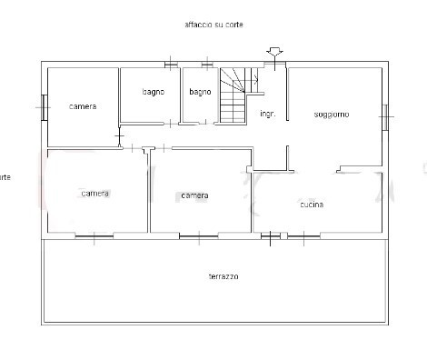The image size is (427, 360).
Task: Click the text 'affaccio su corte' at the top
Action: pos(213,25)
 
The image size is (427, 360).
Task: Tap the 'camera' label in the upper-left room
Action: pos(83,106)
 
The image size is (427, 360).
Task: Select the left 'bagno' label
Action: pos(153,92)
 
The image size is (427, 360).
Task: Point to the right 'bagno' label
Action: pos(200,92)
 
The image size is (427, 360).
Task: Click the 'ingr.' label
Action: pos(267,114)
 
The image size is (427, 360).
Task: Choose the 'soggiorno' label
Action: pos(332,114)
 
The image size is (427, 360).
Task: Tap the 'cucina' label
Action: pos(312,205)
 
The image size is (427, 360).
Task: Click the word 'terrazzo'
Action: pos(223,276)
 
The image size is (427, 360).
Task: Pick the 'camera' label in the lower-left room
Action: pos(94,194)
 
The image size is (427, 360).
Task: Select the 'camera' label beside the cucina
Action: pos(194,195)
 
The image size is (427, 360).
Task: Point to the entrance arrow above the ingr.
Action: pos(273,52)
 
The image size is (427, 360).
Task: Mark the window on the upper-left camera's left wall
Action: pos(44,106)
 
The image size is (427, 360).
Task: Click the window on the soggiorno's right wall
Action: pos(386,115)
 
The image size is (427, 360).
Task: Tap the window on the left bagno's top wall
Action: pos(170,64)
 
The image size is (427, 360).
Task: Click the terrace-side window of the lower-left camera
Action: pos(94,236)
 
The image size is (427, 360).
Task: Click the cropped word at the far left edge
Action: pos(5,176)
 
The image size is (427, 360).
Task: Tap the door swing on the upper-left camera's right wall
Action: pos(120,138)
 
